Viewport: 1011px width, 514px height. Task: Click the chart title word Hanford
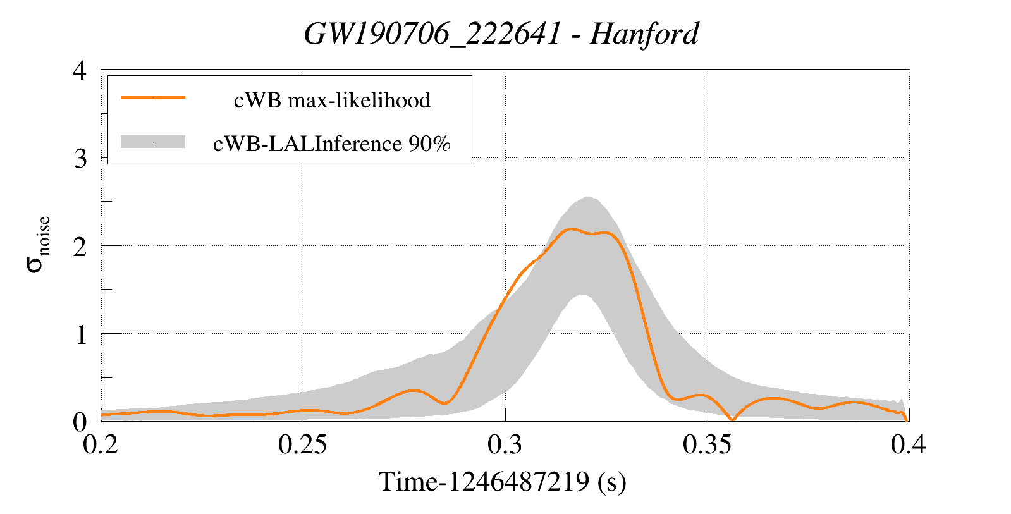tap(644, 34)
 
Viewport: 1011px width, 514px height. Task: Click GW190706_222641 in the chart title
tap(432, 34)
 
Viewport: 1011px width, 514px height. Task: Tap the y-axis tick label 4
tap(80, 70)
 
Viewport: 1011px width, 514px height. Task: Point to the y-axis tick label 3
tap(80, 159)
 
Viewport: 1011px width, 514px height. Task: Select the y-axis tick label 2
tap(80, 247)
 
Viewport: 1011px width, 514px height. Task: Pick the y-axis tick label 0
tap(80, 422)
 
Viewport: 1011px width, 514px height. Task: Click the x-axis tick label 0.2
tap(101, 444)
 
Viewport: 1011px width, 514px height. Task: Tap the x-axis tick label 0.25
tap(303, 444)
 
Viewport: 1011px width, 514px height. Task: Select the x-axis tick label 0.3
tap(505, 444)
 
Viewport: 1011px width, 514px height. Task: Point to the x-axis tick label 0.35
tap(707, 444)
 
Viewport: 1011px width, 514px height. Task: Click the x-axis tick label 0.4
tap(909, 444)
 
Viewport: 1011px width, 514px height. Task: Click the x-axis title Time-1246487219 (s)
tap(502, 482)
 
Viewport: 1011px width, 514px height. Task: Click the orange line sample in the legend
tap(153, 97)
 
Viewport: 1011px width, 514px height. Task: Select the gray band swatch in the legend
tap(153, 142)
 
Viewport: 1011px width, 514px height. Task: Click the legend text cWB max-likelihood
tap(332, 100)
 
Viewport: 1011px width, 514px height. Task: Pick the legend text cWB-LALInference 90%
tap(332, 144)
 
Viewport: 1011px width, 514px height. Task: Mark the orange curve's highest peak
tap(571, 229)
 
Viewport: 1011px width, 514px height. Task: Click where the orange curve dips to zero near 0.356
tap(732, 420)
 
